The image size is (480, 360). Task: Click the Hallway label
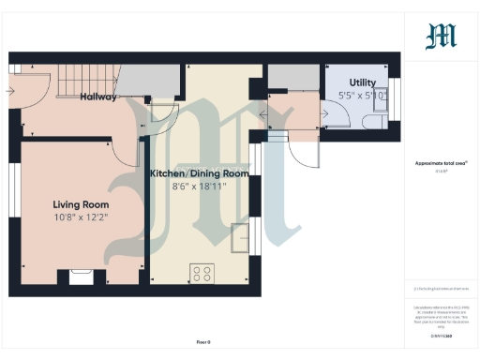tap(98, 97)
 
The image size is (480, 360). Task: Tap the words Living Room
tap(81, 204)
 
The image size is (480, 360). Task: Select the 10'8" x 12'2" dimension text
tap(81, 218)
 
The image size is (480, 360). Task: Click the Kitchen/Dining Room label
tap(200, 173)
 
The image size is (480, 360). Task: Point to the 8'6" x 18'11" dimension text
tap(200, 187)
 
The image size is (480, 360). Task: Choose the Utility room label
tap(363, 82)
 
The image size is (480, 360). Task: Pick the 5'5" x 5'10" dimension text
tap(363, 95)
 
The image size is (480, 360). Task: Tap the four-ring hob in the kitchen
tap(202, 274)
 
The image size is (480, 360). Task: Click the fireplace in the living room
tap(75, 278)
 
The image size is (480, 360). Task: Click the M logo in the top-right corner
tap(442, 37)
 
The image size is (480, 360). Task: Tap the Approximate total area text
tap(441, 163)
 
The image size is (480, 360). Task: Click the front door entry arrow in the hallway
tap(9, 92)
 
